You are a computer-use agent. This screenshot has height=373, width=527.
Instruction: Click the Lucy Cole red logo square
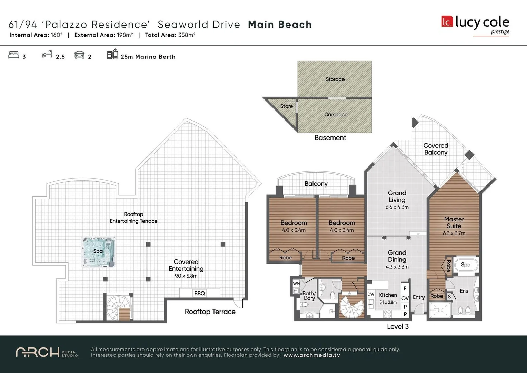[447, 21]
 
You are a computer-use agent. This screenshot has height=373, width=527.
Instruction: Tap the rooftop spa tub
[98, 252]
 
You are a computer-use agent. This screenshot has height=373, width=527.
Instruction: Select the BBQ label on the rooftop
[199, 293]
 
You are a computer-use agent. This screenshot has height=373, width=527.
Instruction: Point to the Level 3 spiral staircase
[351, 307]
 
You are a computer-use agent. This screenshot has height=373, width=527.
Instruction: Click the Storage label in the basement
[335, 79]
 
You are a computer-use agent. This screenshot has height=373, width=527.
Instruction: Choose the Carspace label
[336, 114]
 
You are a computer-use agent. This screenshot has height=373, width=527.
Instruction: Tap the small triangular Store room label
[286, 106]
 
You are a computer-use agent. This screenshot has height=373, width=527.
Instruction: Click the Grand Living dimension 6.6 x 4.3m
[397, 207]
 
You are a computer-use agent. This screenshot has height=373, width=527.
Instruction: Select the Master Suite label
[454, 222]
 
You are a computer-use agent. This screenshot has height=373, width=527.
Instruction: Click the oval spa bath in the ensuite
[466, 265]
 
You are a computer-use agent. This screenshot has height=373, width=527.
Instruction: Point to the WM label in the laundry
[296, 284]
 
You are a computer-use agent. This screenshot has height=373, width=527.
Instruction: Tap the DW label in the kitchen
[371, 294]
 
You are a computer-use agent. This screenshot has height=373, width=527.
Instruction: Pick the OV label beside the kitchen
[405, 298]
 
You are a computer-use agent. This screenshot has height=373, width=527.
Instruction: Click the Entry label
[419, 297]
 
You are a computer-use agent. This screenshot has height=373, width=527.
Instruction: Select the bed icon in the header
[14, 55]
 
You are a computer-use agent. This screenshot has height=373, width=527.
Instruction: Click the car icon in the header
[80, 55]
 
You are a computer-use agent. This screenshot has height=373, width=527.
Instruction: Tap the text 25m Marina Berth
[148, 57]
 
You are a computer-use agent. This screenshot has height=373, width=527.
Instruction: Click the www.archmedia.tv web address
[311, 355]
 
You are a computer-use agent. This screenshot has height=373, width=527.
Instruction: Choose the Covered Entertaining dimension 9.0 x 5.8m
[186, 276]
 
